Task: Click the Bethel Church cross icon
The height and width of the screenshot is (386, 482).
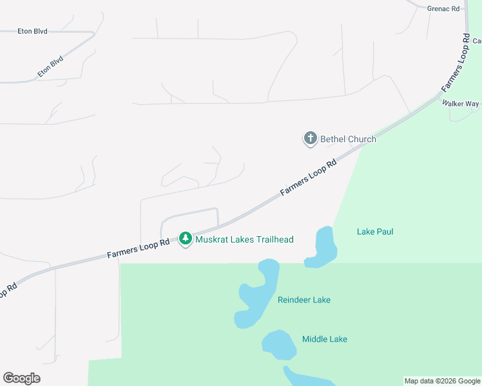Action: click(x=310, y=138)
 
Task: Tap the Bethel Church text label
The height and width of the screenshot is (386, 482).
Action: click(x=348, y=139)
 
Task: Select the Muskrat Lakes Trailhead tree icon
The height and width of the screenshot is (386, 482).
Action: click(x=186, y=239)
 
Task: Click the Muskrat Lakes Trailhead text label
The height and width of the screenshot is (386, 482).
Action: click(x=244, y=240)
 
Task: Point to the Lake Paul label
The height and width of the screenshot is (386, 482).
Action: click(x=375, y=232)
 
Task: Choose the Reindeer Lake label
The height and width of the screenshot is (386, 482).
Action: click(x=304, y=300)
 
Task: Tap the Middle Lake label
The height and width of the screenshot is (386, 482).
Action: click(x=325, y=339)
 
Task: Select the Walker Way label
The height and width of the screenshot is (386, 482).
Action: click(x=460, y=104)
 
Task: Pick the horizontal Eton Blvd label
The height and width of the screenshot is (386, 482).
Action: click(x=32, y=30)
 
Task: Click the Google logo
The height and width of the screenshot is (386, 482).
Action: click(x=21, y=378)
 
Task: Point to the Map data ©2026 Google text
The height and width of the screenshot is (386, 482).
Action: click(x=442, y=381)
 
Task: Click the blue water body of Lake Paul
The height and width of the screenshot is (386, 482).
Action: click(x=323, y=248)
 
